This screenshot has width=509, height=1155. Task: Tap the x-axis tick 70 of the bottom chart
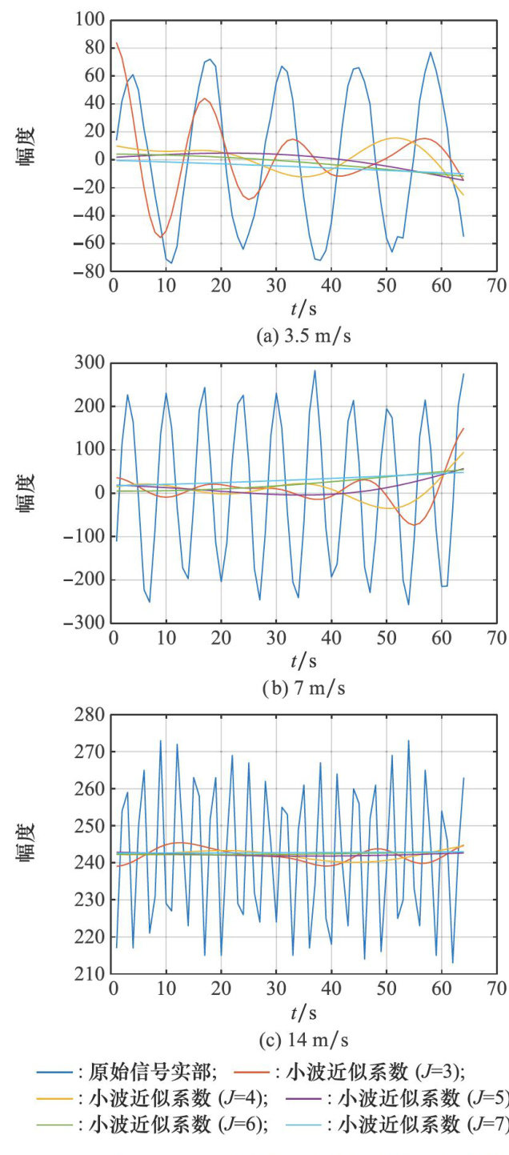(496, 989)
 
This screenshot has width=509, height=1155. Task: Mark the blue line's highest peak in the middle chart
(315, 371)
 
